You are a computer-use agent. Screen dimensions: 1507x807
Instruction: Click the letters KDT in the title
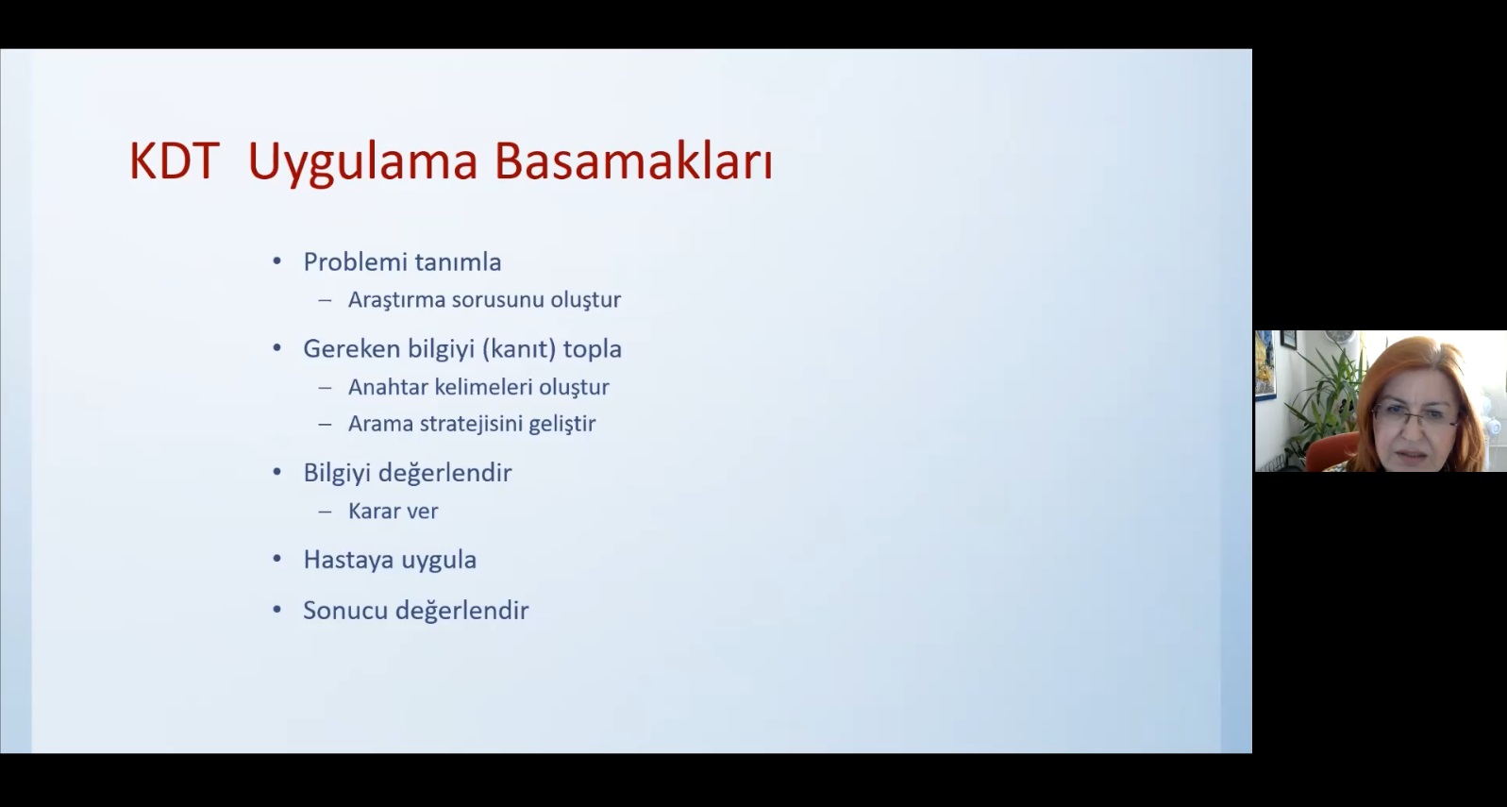(x=175, y=160)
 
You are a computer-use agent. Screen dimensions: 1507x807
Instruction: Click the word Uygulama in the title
(x=362, y=164)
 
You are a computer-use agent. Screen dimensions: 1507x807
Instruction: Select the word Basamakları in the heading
(x=634, y=161)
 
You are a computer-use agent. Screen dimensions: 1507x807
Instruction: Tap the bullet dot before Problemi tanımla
(x=276, y=261)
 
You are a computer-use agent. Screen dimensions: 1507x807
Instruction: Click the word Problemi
(x=354, y=261)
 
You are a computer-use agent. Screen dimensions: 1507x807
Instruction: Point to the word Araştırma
(x=396, y=300)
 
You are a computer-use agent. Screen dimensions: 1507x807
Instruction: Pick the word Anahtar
(x=388, y=387)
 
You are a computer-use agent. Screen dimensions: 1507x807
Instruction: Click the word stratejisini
(x=471, y=424)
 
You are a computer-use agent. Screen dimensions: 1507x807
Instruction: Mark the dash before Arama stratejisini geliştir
(x=325, y=424)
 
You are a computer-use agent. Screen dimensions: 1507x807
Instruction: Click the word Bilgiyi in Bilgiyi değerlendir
(x=337, y=473)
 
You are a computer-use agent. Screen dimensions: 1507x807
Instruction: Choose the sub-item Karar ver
(x=393, y=512)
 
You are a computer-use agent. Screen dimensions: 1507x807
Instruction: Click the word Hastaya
(x=348, y=560)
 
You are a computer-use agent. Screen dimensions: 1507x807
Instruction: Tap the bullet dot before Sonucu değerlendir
(x=276, y=610)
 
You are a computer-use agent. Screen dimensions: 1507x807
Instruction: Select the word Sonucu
(x=345, y=611)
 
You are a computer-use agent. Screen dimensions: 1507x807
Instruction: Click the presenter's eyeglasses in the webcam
(x=1415, y=416)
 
